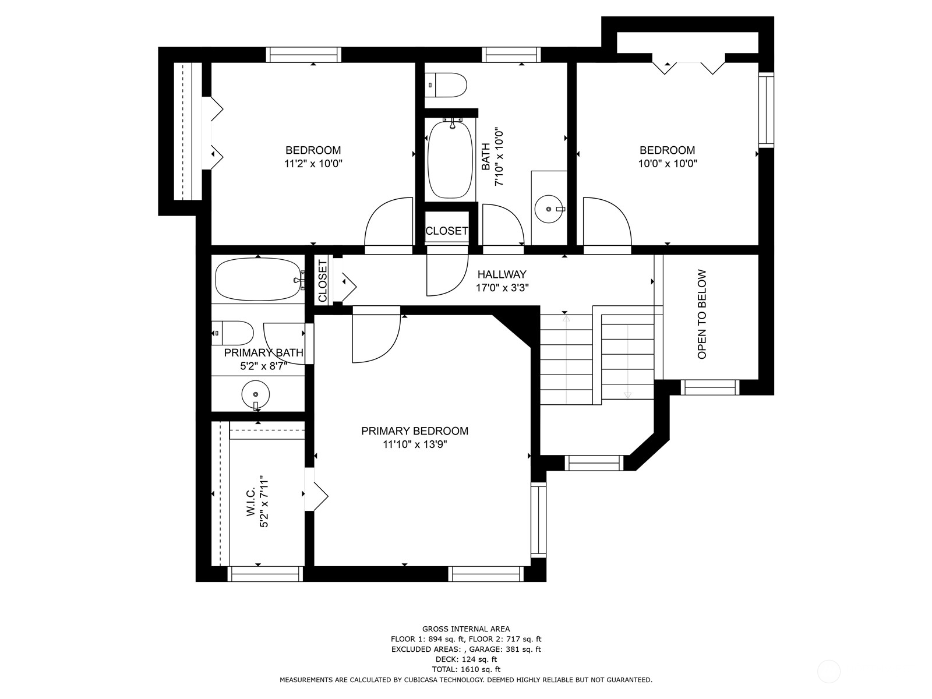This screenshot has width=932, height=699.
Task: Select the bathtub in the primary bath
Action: pos(259,279)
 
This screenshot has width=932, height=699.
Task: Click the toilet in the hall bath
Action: pos(446,85)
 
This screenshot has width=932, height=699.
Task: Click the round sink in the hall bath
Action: pos(549,209)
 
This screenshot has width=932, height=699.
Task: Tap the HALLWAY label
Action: pos(502,274)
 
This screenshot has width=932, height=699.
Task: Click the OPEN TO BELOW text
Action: pos(702,314)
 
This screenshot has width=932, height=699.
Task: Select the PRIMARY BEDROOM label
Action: pos(415,431)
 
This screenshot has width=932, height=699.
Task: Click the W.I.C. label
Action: pos(250,501)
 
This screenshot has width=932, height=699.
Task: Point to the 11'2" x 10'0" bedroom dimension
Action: pos(313,164)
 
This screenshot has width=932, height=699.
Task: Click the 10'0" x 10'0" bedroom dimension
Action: pos(668,164)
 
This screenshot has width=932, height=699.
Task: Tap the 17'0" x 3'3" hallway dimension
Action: pos(502,288)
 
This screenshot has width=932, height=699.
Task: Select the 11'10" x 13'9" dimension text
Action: pos(415,444)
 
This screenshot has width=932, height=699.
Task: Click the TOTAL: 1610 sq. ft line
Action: pos(466,669)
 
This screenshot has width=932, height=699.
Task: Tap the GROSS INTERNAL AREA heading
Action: pos(466,629)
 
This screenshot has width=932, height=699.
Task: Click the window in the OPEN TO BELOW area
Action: pos(710,387)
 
